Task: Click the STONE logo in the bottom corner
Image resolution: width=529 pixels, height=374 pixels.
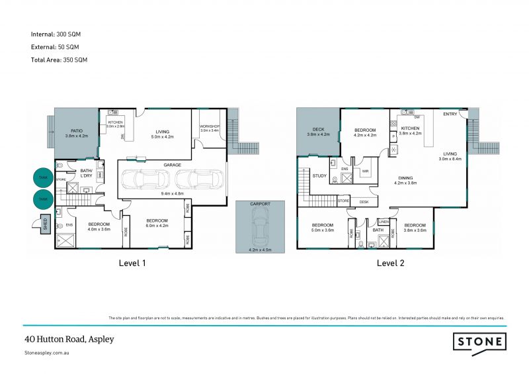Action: coord(479,342)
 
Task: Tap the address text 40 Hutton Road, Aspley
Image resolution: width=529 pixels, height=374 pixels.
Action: coord(69,339)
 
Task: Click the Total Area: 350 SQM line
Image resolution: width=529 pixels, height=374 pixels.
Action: coord(59,60)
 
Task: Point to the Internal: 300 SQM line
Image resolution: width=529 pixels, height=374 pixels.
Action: coord(56,34)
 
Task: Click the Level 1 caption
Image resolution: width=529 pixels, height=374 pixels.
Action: coord(132,263)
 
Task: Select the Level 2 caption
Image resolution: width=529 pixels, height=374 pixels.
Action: coord(391,263)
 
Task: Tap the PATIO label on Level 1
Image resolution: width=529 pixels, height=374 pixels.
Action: coord(76,130)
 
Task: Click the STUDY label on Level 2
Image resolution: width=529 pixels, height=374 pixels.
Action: coord(320,175)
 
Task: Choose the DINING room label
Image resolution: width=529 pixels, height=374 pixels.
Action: coord(406,177)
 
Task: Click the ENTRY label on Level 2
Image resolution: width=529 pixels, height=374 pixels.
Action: coord(450,115)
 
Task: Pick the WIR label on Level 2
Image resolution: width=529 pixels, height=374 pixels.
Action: coord(364,171)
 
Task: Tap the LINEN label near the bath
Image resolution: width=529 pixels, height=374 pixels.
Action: coord(382,221)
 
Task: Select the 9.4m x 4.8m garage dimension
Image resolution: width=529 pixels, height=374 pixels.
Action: coord(173,193)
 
